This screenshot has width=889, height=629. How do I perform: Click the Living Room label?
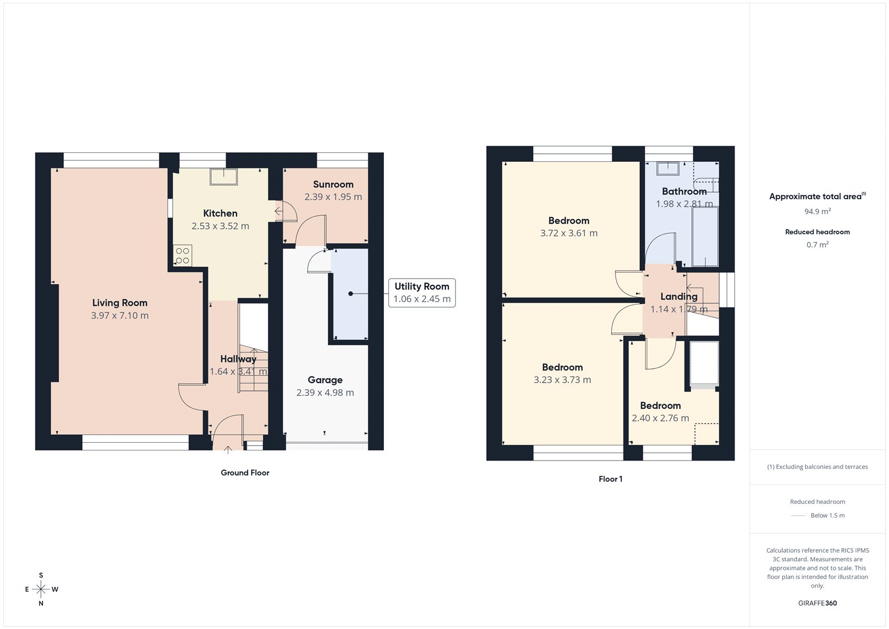tap(119, 303)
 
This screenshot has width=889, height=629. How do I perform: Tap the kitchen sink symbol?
tap(223, 177)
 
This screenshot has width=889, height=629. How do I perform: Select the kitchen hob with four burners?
tap(182, 256)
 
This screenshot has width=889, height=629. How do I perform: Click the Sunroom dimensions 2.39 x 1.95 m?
tap(333, 197)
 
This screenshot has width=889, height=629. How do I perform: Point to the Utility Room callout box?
tap(422, 293)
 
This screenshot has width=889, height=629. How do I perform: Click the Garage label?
tap(325, 380)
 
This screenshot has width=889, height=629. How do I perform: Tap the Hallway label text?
tap(238, 359)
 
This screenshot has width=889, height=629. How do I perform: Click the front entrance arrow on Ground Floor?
tap(228, 449)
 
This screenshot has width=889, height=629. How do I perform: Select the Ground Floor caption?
tap(245, 473)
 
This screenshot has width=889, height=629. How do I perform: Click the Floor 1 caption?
tap(610, 479)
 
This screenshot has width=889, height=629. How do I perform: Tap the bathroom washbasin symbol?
tap(667, 169)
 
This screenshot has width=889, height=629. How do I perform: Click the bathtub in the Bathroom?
tap(705, 236)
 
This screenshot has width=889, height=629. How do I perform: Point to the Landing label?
tap(678, 296)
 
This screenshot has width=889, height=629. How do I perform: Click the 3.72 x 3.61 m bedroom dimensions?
tap(569, 233)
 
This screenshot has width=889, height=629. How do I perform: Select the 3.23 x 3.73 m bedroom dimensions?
tap(562, 380)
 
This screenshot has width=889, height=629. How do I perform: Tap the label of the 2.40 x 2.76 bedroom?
tap(660, 405)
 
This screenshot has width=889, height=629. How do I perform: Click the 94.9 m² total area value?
tap(817, 211)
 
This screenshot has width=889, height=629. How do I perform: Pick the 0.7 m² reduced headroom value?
tap(817, 245)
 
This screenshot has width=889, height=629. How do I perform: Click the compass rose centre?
tap(41, 589)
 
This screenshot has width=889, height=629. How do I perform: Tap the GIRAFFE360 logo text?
tap(817, 603)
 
